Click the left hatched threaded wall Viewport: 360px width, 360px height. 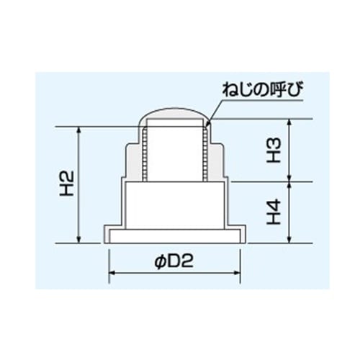pos(146,153)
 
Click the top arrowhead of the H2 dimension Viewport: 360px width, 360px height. pos(77,130)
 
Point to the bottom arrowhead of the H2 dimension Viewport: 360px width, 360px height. pos(77,240)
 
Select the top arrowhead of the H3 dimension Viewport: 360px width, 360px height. pos(290,123)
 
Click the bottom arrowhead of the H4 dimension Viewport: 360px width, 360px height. pos(290,240)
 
